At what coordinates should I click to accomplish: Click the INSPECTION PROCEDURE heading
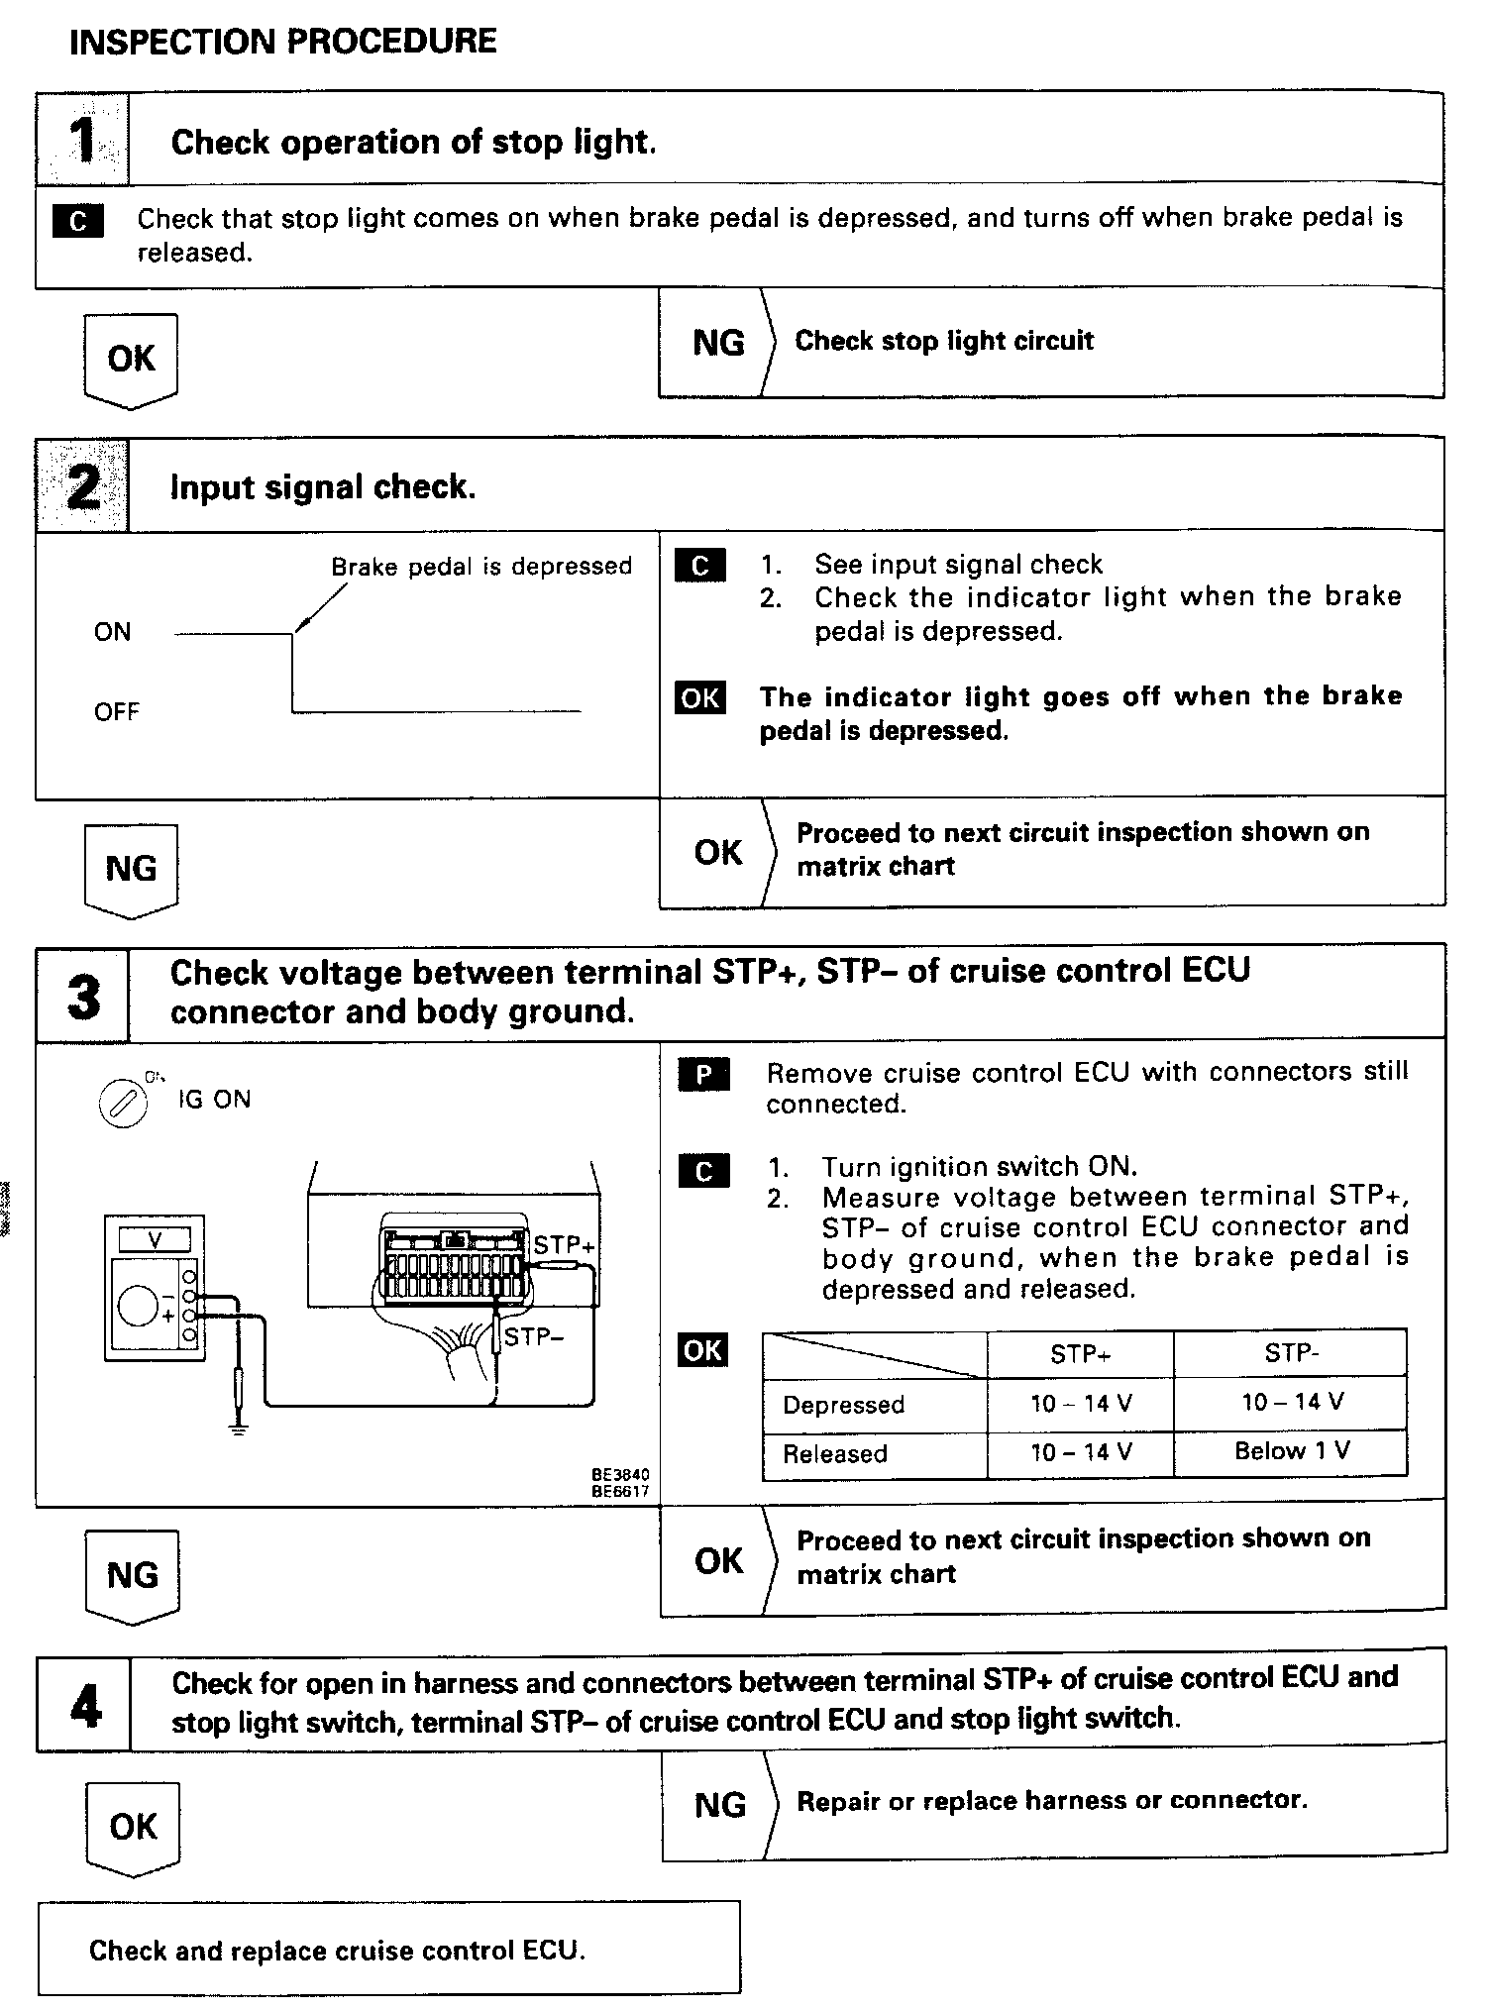(x=283, y=42)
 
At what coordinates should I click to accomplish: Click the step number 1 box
(x=83, y=140)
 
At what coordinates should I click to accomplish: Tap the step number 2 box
(x=83, y=485)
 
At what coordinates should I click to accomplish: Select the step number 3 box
(x=83, y=995)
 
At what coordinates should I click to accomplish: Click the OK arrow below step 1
(x=131, y=360)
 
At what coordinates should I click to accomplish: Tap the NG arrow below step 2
(x=131, y=870)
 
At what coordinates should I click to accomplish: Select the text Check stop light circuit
(x=944, y=341)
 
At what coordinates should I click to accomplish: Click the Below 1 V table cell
(x=1291, y=1451)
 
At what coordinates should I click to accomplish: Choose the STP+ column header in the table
(x=1080, y=1354)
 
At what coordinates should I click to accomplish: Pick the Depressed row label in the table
(x=843, y=1405)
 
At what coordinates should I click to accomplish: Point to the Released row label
(x=834, y=1454)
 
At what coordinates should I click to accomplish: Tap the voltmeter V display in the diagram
(x=155, y=1238)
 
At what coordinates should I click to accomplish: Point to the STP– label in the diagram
(x=533, y=1337)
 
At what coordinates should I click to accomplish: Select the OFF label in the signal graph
(x=117, y=712)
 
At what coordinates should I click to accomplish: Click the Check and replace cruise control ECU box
(x=388, y=1951)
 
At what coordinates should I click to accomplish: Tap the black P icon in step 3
(x=703, y=1075)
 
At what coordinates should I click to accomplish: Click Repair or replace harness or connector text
(x=1051, y=1800)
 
